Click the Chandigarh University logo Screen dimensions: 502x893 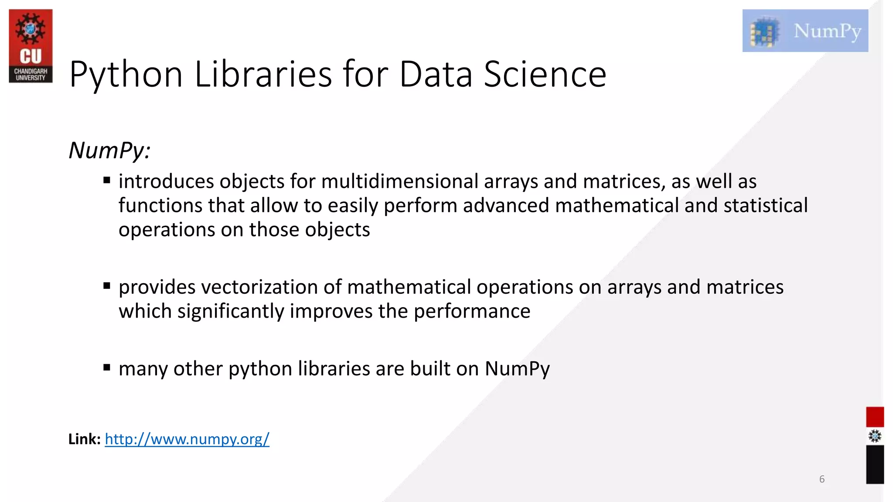click(31, 46)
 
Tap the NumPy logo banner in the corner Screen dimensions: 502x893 click(805, 31)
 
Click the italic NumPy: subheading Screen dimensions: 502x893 click(109, 150)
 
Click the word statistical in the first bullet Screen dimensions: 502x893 click(765, 205)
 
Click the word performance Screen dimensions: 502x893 click(472, 311)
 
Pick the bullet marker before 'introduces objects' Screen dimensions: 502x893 click(107, 180)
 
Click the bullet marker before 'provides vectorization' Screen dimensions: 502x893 click(107, 286)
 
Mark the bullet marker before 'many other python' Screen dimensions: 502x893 click(107, 367)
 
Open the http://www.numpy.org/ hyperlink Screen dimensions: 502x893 click(187, 439)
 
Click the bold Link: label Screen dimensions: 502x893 click(84, 439)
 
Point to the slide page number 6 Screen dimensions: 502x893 click(822, 479)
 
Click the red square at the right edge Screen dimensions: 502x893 click(875, 417)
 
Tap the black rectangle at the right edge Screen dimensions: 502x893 click(875, 464)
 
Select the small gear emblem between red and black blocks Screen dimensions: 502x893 click(875, 436)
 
